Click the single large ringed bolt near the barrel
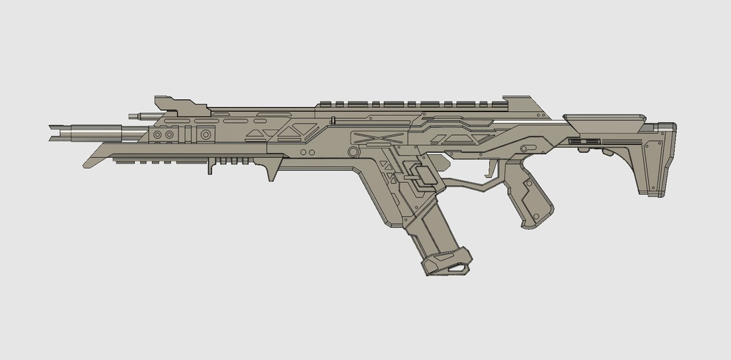pos(206,134)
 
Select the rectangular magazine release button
pos(421,174)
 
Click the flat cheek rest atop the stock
pos(607,119)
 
